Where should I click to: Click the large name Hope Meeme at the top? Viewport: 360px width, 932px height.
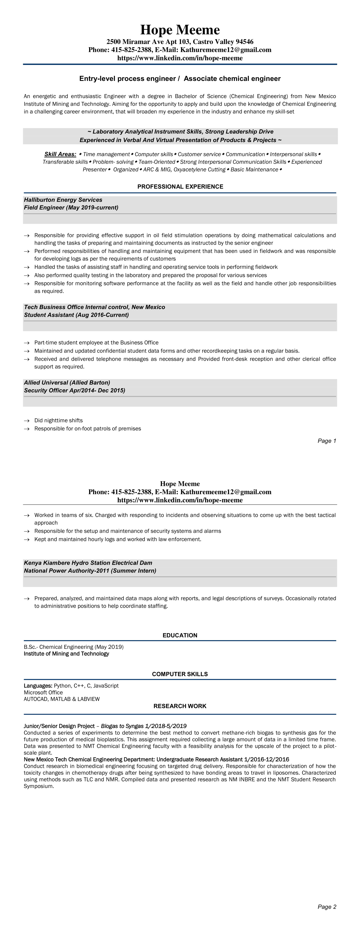click(180, 30)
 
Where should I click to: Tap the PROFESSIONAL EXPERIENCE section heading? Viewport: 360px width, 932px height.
click(180, 187)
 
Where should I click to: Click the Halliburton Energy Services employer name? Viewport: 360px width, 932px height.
click(63, 200)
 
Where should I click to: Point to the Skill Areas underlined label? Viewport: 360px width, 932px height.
click(60, 154)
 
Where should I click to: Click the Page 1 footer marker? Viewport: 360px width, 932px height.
click(327, 441)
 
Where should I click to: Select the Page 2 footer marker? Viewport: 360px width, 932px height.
click(327, 907)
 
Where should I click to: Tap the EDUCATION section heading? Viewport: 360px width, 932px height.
click(180, 635)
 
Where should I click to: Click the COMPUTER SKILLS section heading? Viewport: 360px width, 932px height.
click(180, 674)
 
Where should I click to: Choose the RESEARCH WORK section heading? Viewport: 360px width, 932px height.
click(180, 706)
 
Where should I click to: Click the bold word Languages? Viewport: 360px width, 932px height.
click(38, 686)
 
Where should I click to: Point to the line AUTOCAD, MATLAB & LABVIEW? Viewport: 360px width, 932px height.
click(61, 699)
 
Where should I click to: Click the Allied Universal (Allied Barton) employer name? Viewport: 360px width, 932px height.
click(67, 382)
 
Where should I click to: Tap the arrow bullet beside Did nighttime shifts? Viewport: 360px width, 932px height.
click(26, 421)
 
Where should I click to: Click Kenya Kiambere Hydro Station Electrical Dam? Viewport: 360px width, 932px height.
click(88, 563)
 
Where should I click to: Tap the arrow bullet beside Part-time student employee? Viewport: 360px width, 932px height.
click(26, 343)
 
